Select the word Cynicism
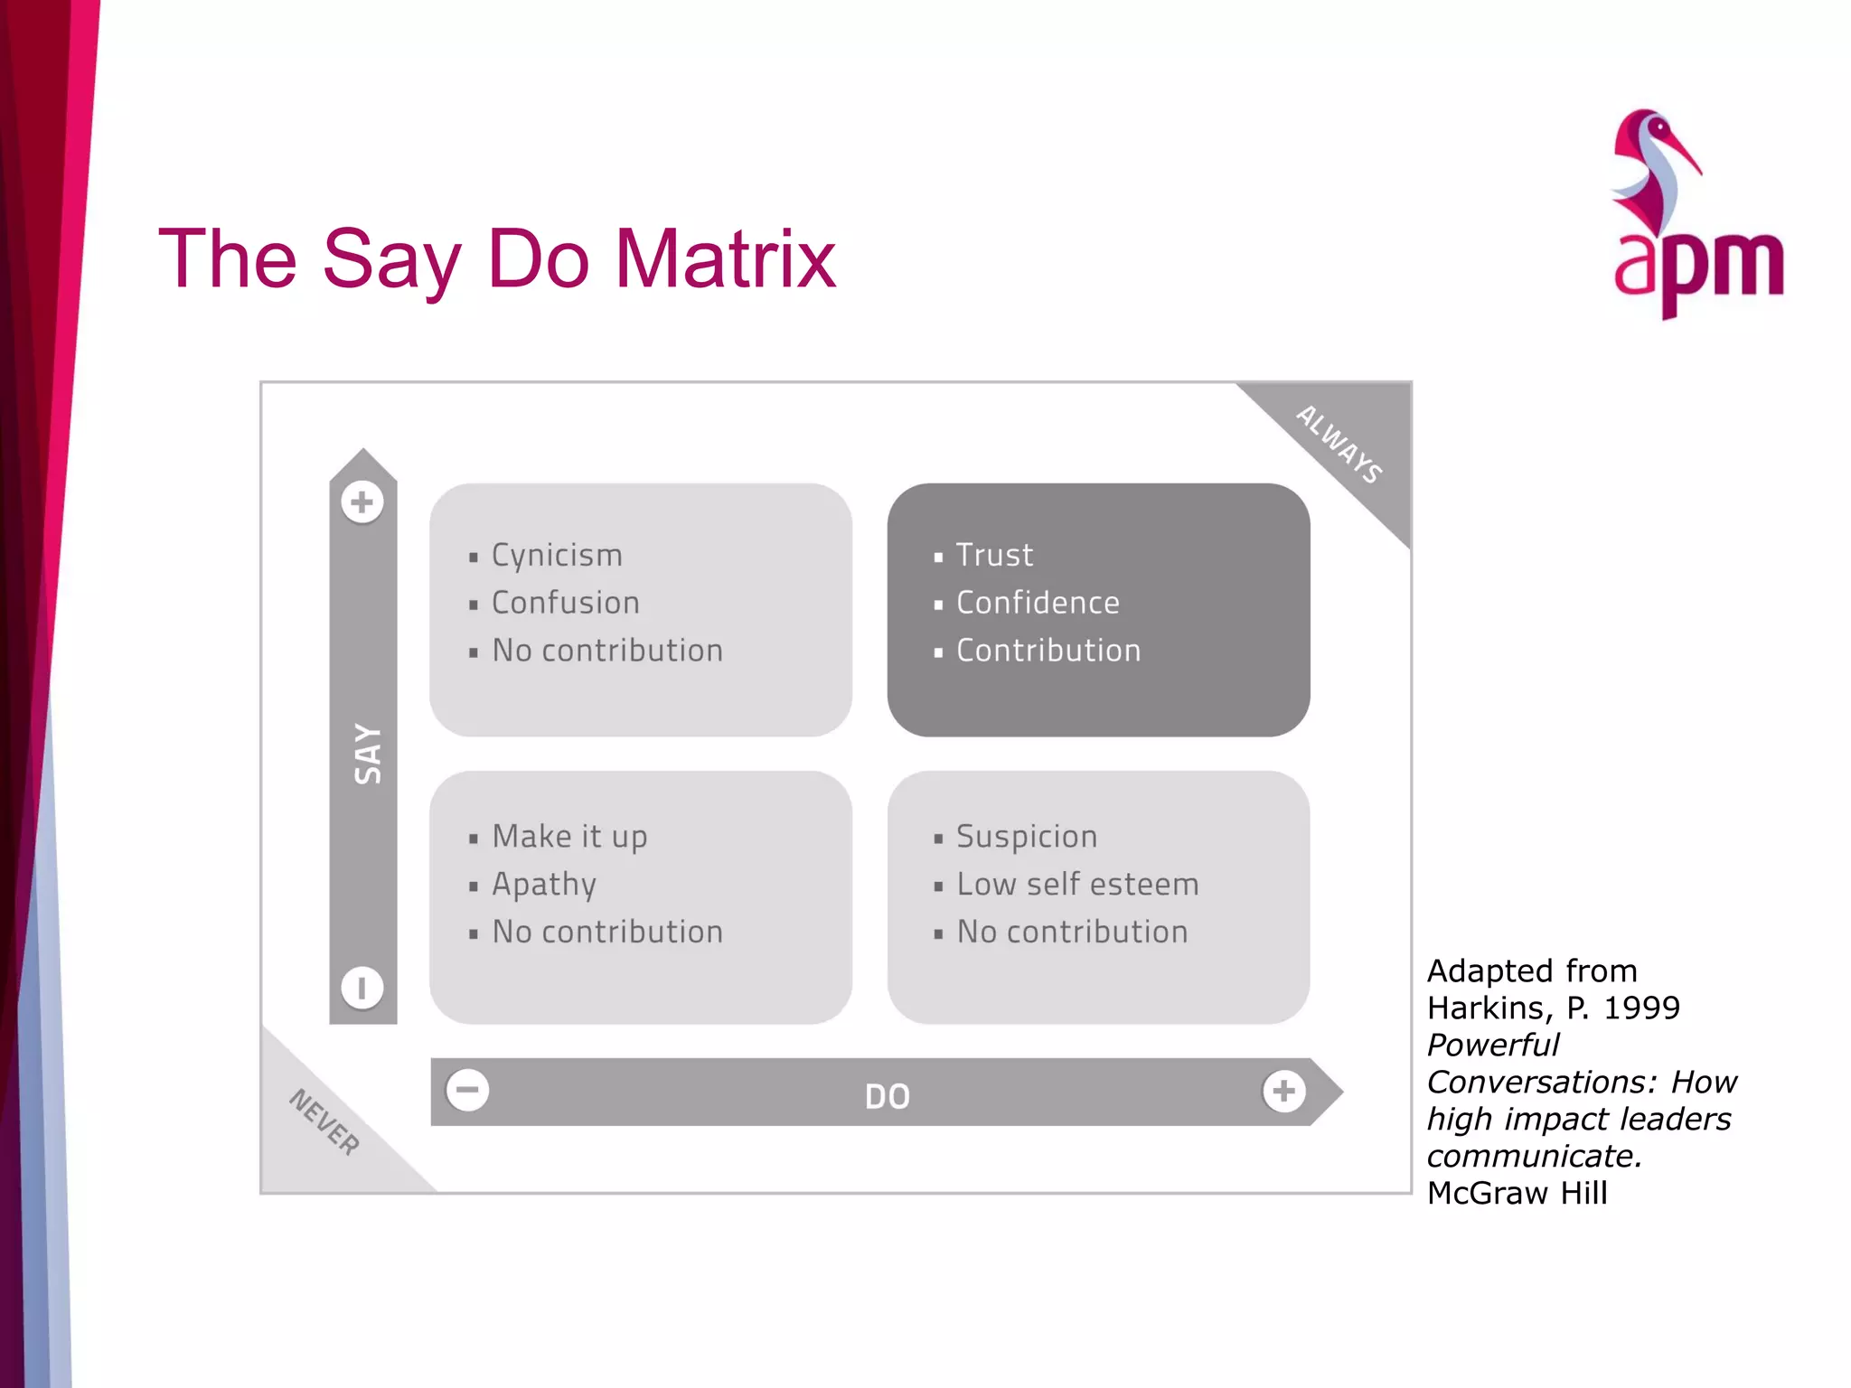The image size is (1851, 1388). [557, 555]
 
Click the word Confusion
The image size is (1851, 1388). [565, 603]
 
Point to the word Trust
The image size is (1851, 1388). [994, 555]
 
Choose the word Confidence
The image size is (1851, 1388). [1038, 603]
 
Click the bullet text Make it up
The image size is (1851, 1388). [569, 837]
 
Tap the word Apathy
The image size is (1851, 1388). [544, 885]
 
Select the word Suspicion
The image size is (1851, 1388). [1027, 837]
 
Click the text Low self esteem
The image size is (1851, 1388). [1077, 885]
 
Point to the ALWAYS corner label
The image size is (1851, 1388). [1339, 444]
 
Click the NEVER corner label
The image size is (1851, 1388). [324, 1121]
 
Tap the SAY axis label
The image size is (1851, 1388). [368, 754]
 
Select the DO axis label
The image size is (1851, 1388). [887, 1096]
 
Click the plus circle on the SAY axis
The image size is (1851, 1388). [362, 502]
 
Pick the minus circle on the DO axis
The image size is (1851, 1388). [467, 1090]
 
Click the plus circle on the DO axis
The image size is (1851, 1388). [1283, 1091]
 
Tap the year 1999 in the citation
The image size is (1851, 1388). [1641, 1008]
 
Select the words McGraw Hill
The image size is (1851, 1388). [1517, 1193]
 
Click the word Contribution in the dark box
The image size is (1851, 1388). [1048, 651]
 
